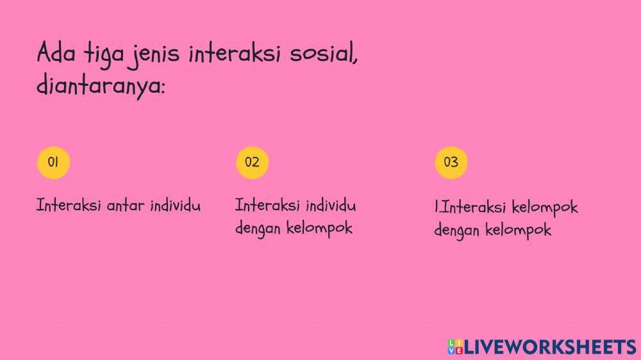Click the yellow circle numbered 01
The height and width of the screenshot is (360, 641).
point(53,162)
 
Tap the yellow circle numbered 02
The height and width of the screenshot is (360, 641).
point(252,162)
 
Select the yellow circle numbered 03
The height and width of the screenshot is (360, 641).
point(451,162)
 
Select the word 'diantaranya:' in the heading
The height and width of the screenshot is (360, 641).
point(101,86)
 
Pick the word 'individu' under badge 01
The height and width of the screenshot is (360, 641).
point(175,206)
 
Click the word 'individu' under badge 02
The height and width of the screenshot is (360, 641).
point(331,206)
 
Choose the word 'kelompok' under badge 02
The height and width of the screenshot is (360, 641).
point(320,229)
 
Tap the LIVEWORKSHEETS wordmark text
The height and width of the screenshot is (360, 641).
point(550,347)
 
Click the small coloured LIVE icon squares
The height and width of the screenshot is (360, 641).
point(454,347)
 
